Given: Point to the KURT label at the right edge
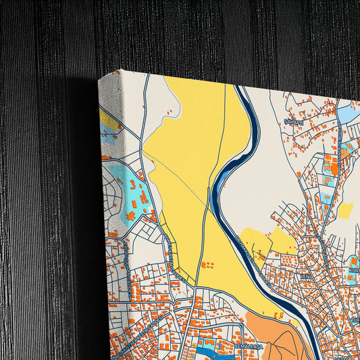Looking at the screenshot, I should [x=354, y=270].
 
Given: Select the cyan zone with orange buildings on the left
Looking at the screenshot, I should [x=138, y=196].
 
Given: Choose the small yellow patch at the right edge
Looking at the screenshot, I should [x=345, y=211].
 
